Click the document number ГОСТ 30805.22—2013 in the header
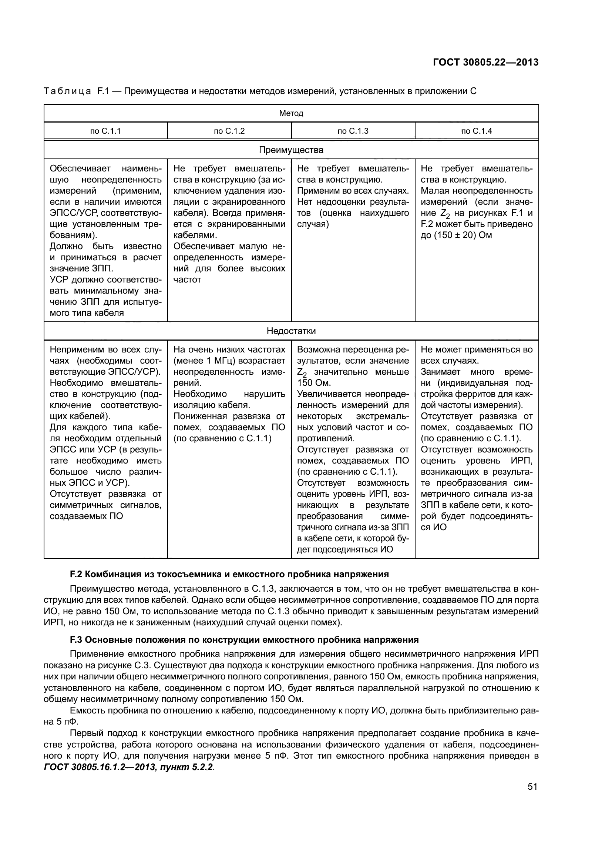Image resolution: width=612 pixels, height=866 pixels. [x=485, y=63]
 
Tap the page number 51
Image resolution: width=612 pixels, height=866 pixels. [x=532, y=786]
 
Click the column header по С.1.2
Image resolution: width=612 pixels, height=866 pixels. [x=229, y=131]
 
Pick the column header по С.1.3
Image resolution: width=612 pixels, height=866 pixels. [x=353, y=131]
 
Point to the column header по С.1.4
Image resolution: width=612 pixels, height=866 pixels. [x=476, y=131]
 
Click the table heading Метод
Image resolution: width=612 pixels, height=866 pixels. [x=291, y=113]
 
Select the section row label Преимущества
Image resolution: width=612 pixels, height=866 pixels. [x=291, y=150]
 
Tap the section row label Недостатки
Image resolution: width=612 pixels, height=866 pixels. [x=291, y=331]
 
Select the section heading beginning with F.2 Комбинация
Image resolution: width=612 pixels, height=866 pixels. [x=229, y=575]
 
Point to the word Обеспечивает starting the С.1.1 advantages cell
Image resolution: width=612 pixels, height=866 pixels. [x=80, y=168]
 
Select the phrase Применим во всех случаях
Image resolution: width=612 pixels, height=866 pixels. [x=353, y=191]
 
